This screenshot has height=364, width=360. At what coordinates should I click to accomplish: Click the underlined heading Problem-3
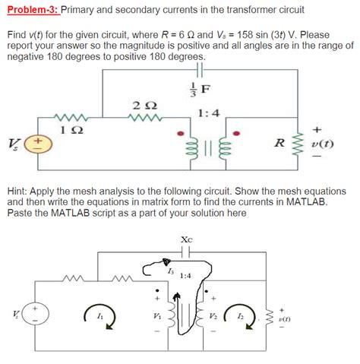[x=30, y=11]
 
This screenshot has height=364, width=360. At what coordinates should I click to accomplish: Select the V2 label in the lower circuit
[x=223, y=315]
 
